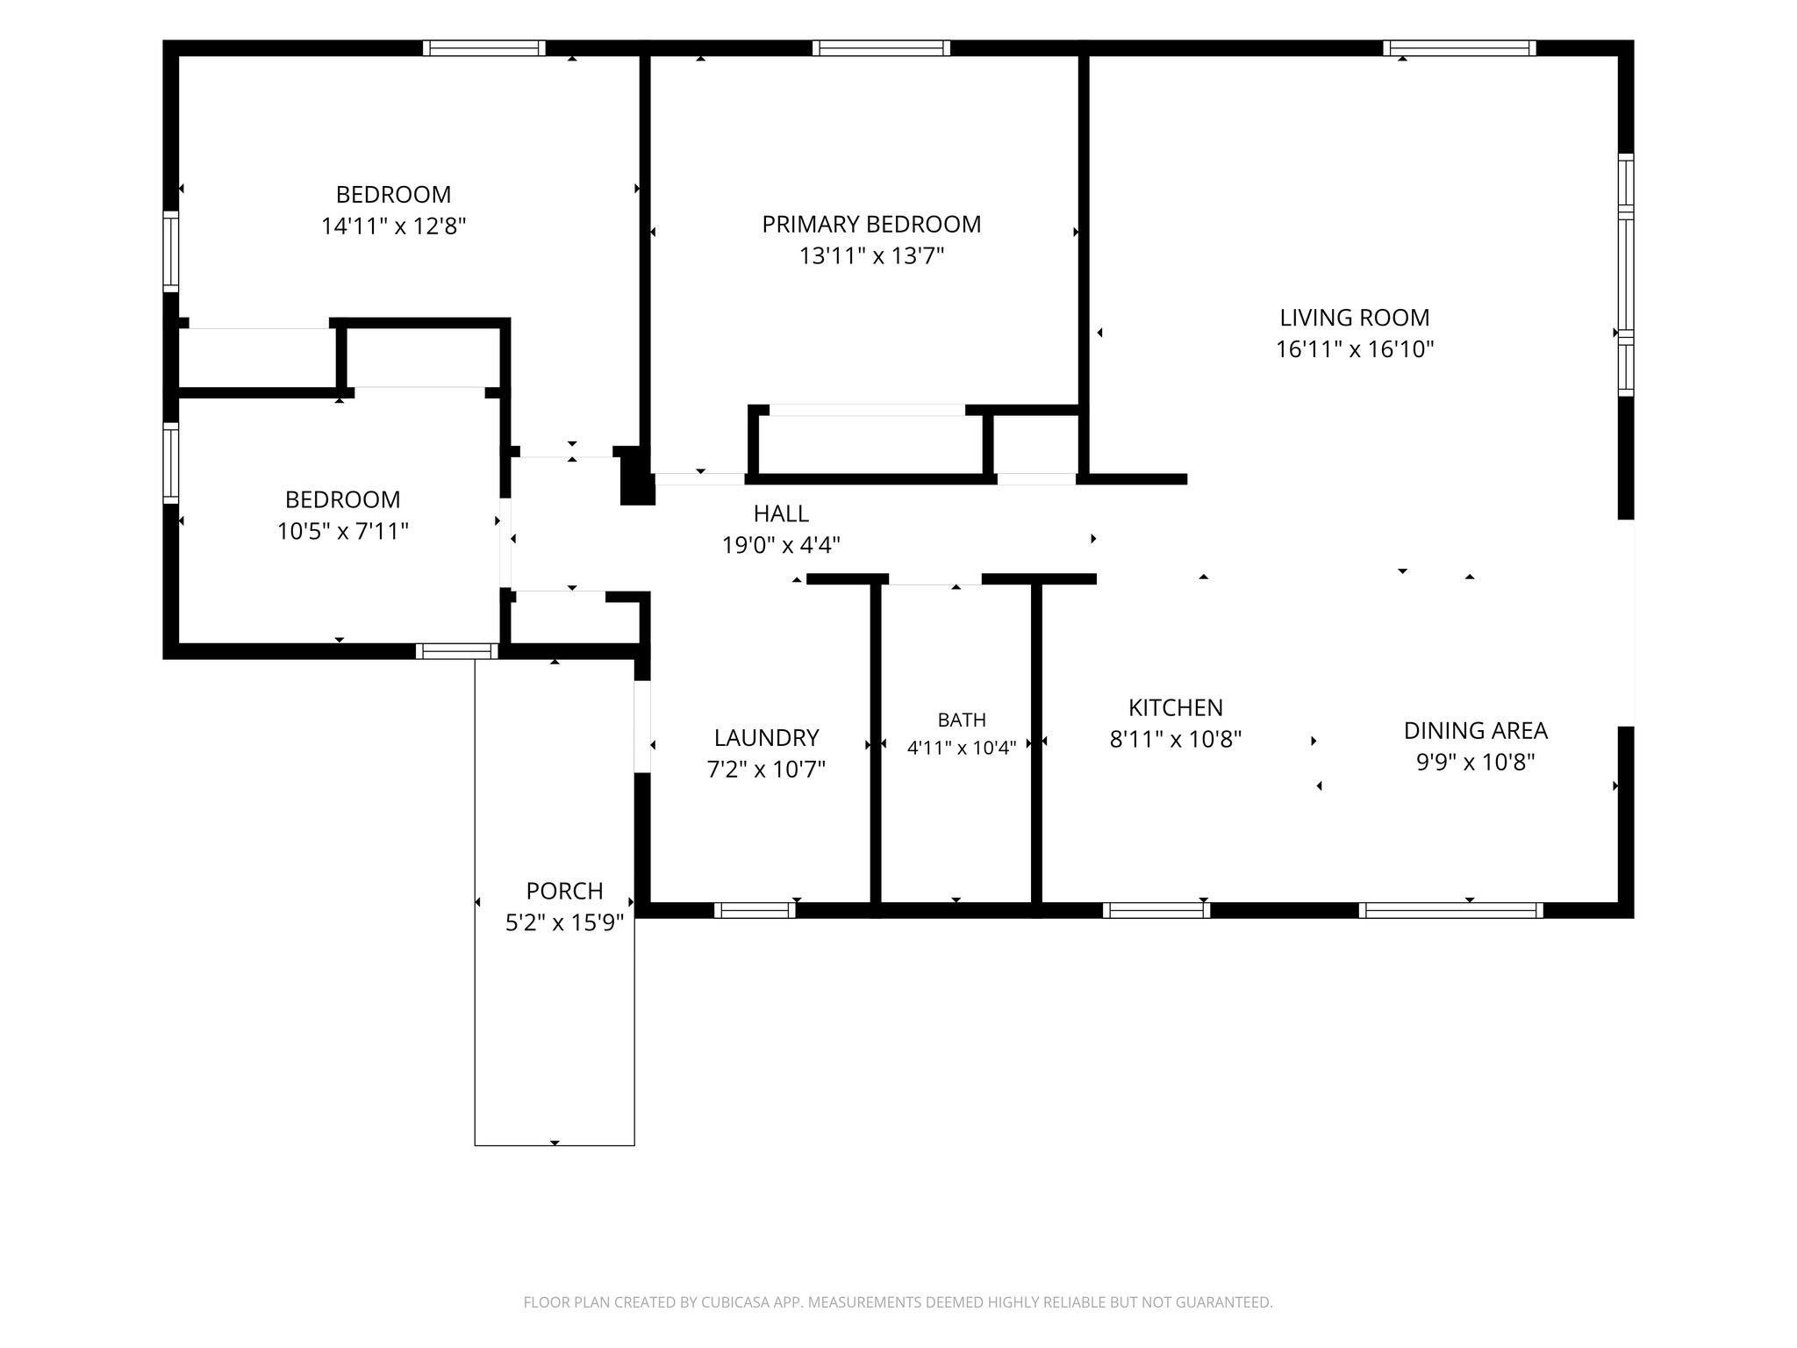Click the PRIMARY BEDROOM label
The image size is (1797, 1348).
[871, 225]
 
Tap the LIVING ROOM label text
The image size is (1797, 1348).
[1354, 318]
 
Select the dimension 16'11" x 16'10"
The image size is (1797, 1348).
[1354, 349]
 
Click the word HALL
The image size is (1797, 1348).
[781, 513]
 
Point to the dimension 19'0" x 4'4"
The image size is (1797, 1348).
[781, 545]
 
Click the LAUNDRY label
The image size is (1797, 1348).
[766, 737]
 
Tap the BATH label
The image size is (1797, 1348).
[962, 720]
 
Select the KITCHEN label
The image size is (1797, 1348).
[1176, 707]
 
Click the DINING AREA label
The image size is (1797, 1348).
[1476, 730]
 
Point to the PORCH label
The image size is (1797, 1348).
[564, 891]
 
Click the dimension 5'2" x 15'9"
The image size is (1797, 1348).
[564, 922]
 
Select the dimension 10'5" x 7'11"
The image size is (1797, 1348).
[343, 531]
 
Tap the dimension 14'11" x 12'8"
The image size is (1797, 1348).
[393, 226]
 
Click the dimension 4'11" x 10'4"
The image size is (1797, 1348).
[962, 748]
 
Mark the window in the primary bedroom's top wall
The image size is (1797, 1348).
[881, 48]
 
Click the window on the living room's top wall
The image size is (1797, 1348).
[1459, 48]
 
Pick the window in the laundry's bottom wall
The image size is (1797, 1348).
[755, 910]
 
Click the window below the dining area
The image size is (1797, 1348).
[1451, 910]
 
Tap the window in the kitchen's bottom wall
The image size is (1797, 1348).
[1156, 910]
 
